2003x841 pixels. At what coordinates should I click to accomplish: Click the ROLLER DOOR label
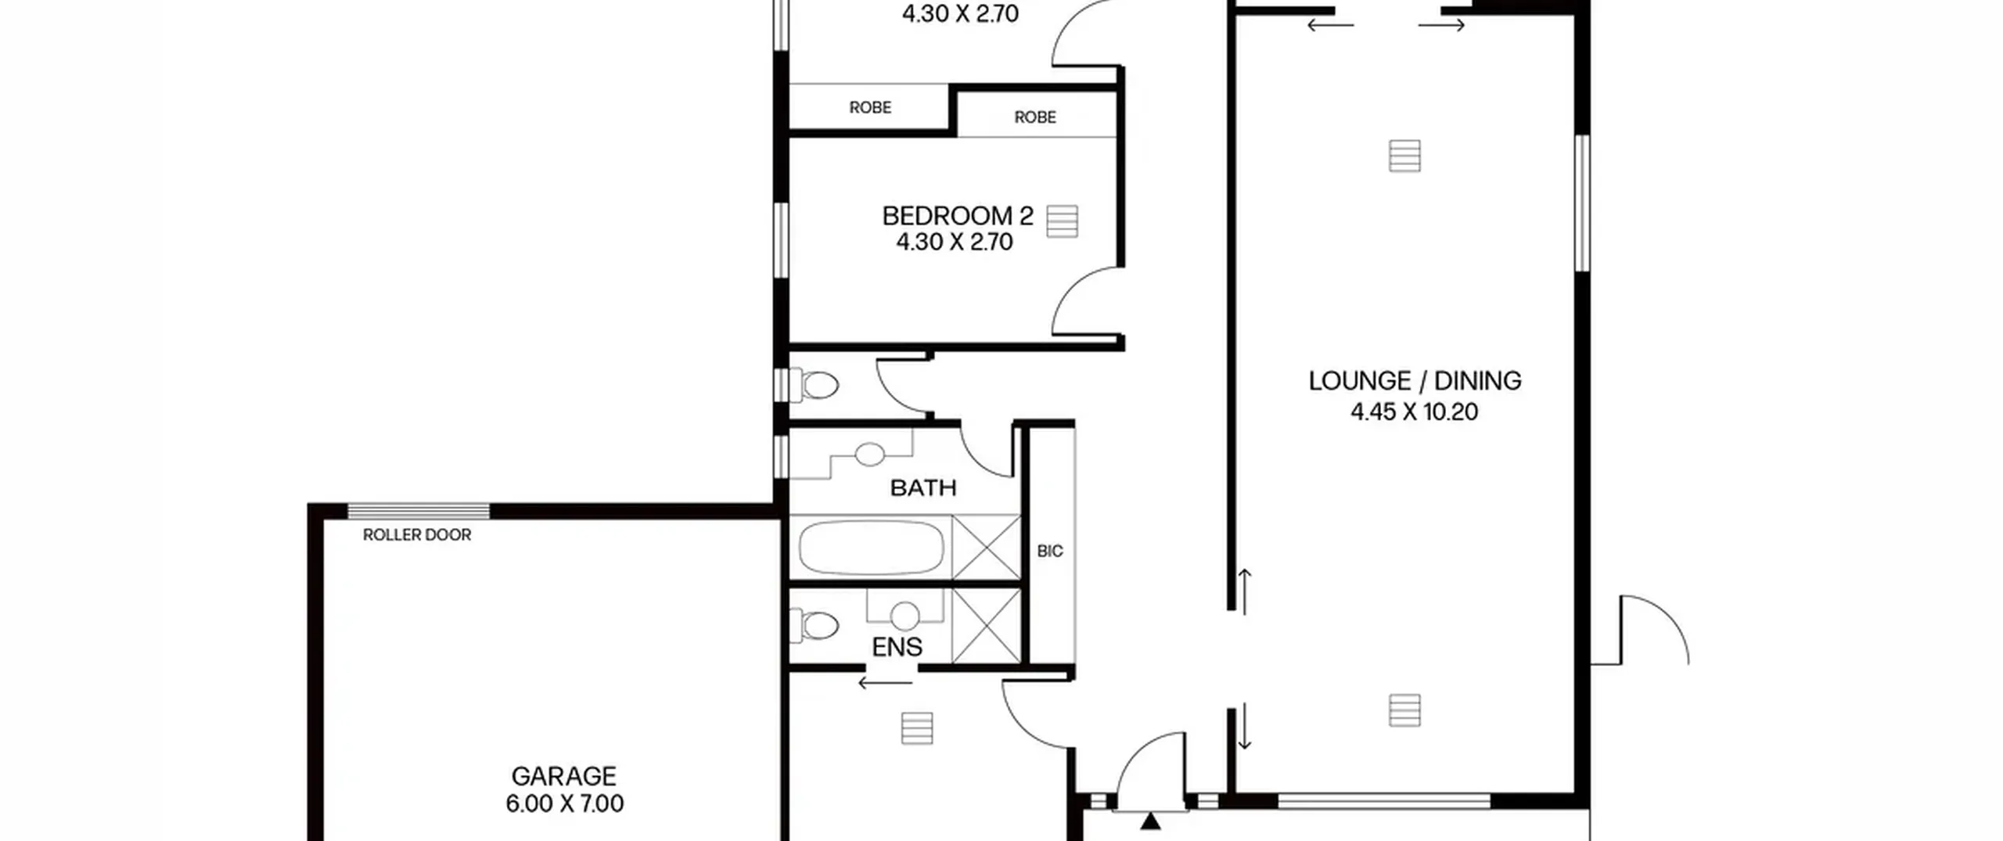[417, 535]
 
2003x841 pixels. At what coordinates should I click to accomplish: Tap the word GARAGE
[563, 776]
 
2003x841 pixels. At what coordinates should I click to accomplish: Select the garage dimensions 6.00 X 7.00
[564, 803]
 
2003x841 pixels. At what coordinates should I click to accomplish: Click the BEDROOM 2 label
[958, 215]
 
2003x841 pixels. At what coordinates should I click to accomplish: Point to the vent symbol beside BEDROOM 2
[1062, 221]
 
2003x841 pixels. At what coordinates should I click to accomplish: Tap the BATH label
[923, 488]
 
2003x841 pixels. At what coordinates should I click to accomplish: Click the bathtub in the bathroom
[871, 548]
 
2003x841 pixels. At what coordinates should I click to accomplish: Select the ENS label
[897, 647]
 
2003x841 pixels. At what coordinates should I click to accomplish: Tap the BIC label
[1050, 551]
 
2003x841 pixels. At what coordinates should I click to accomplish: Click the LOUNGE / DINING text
[1415, 381]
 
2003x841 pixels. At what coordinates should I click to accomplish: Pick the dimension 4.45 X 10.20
[1414, 412]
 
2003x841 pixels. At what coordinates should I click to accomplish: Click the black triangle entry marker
[1150, 821]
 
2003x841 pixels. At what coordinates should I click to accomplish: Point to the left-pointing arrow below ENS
[885, 683]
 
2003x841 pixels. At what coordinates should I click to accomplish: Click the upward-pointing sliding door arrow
[1244, 591]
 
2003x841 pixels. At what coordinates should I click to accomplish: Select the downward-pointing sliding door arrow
[1244, 726]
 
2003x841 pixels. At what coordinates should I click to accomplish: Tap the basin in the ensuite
[905, 616]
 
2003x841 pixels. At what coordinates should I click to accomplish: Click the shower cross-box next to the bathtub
[986, 548]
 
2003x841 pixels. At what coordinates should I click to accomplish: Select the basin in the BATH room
[869, 454]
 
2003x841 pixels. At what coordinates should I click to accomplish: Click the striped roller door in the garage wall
[419, 512]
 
